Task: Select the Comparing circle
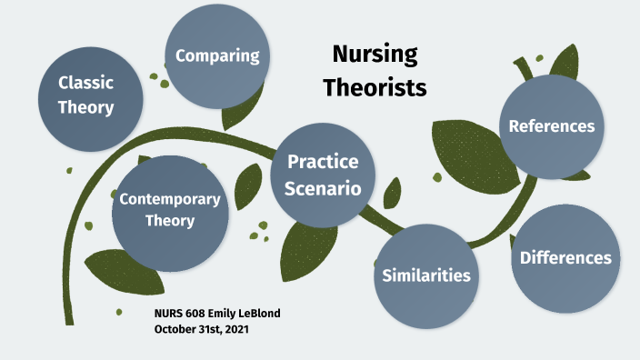pos(217,55)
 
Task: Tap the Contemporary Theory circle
pos(170,208)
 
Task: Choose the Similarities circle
pos(426,275)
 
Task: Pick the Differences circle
pos(565,258)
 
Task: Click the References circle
pos(552,126)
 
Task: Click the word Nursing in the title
pos(374,54)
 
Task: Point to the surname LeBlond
pos(260,314)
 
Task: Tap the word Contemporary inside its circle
pos(170,198)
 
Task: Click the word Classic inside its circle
pos(85,83)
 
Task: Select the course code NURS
pos(168,314)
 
